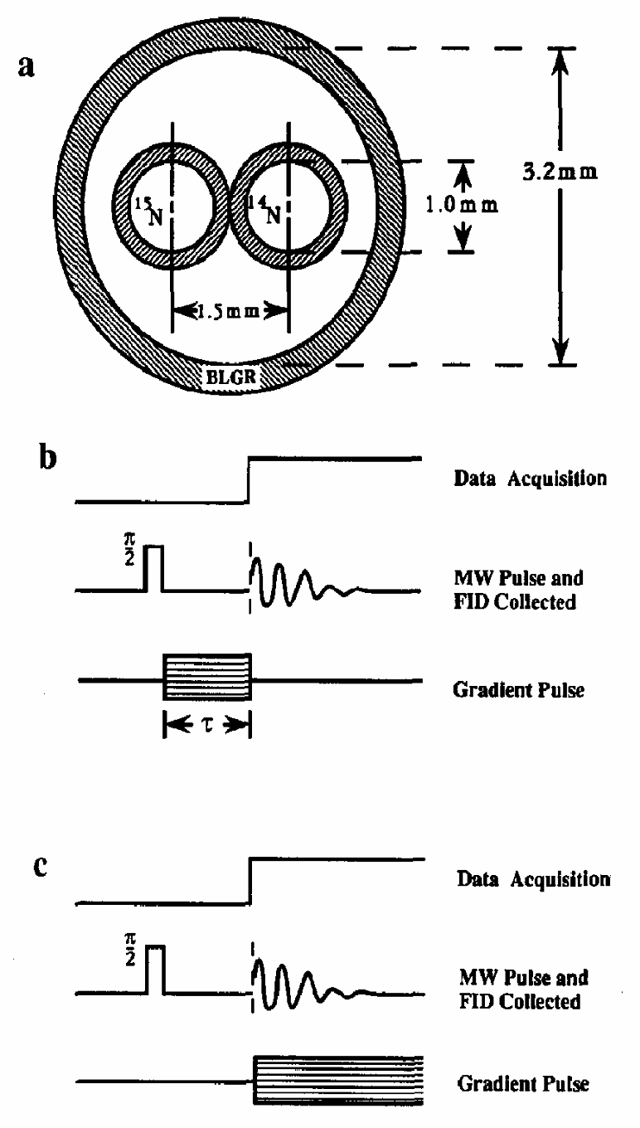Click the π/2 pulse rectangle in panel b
(153, 568)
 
